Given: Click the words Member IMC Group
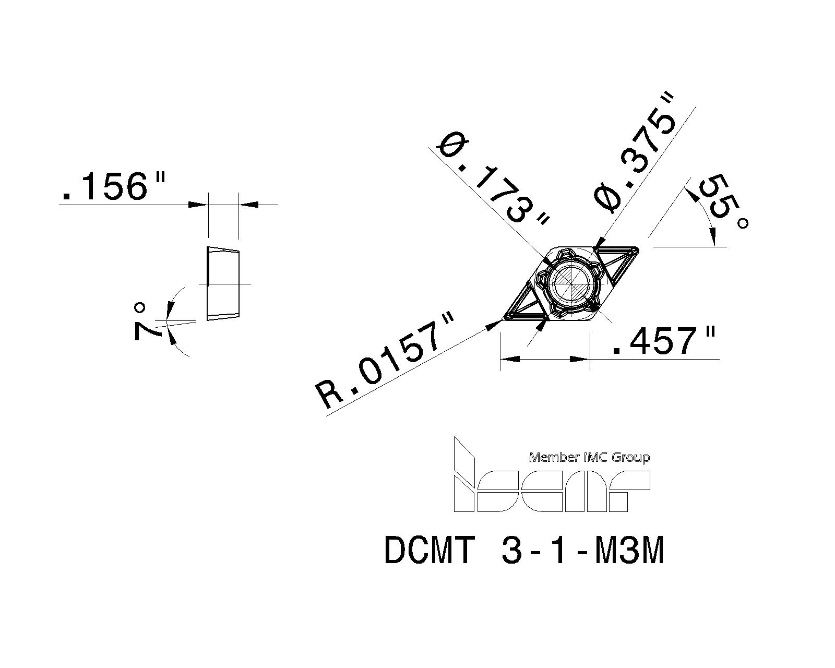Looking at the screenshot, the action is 589,458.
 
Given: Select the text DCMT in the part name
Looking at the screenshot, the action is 430,550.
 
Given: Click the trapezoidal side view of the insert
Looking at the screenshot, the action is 223,284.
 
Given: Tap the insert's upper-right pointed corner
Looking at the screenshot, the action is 637,248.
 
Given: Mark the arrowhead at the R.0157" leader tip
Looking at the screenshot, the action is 493,325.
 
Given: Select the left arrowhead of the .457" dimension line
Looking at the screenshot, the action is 508,360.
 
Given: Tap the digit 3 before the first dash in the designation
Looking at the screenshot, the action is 511,550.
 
